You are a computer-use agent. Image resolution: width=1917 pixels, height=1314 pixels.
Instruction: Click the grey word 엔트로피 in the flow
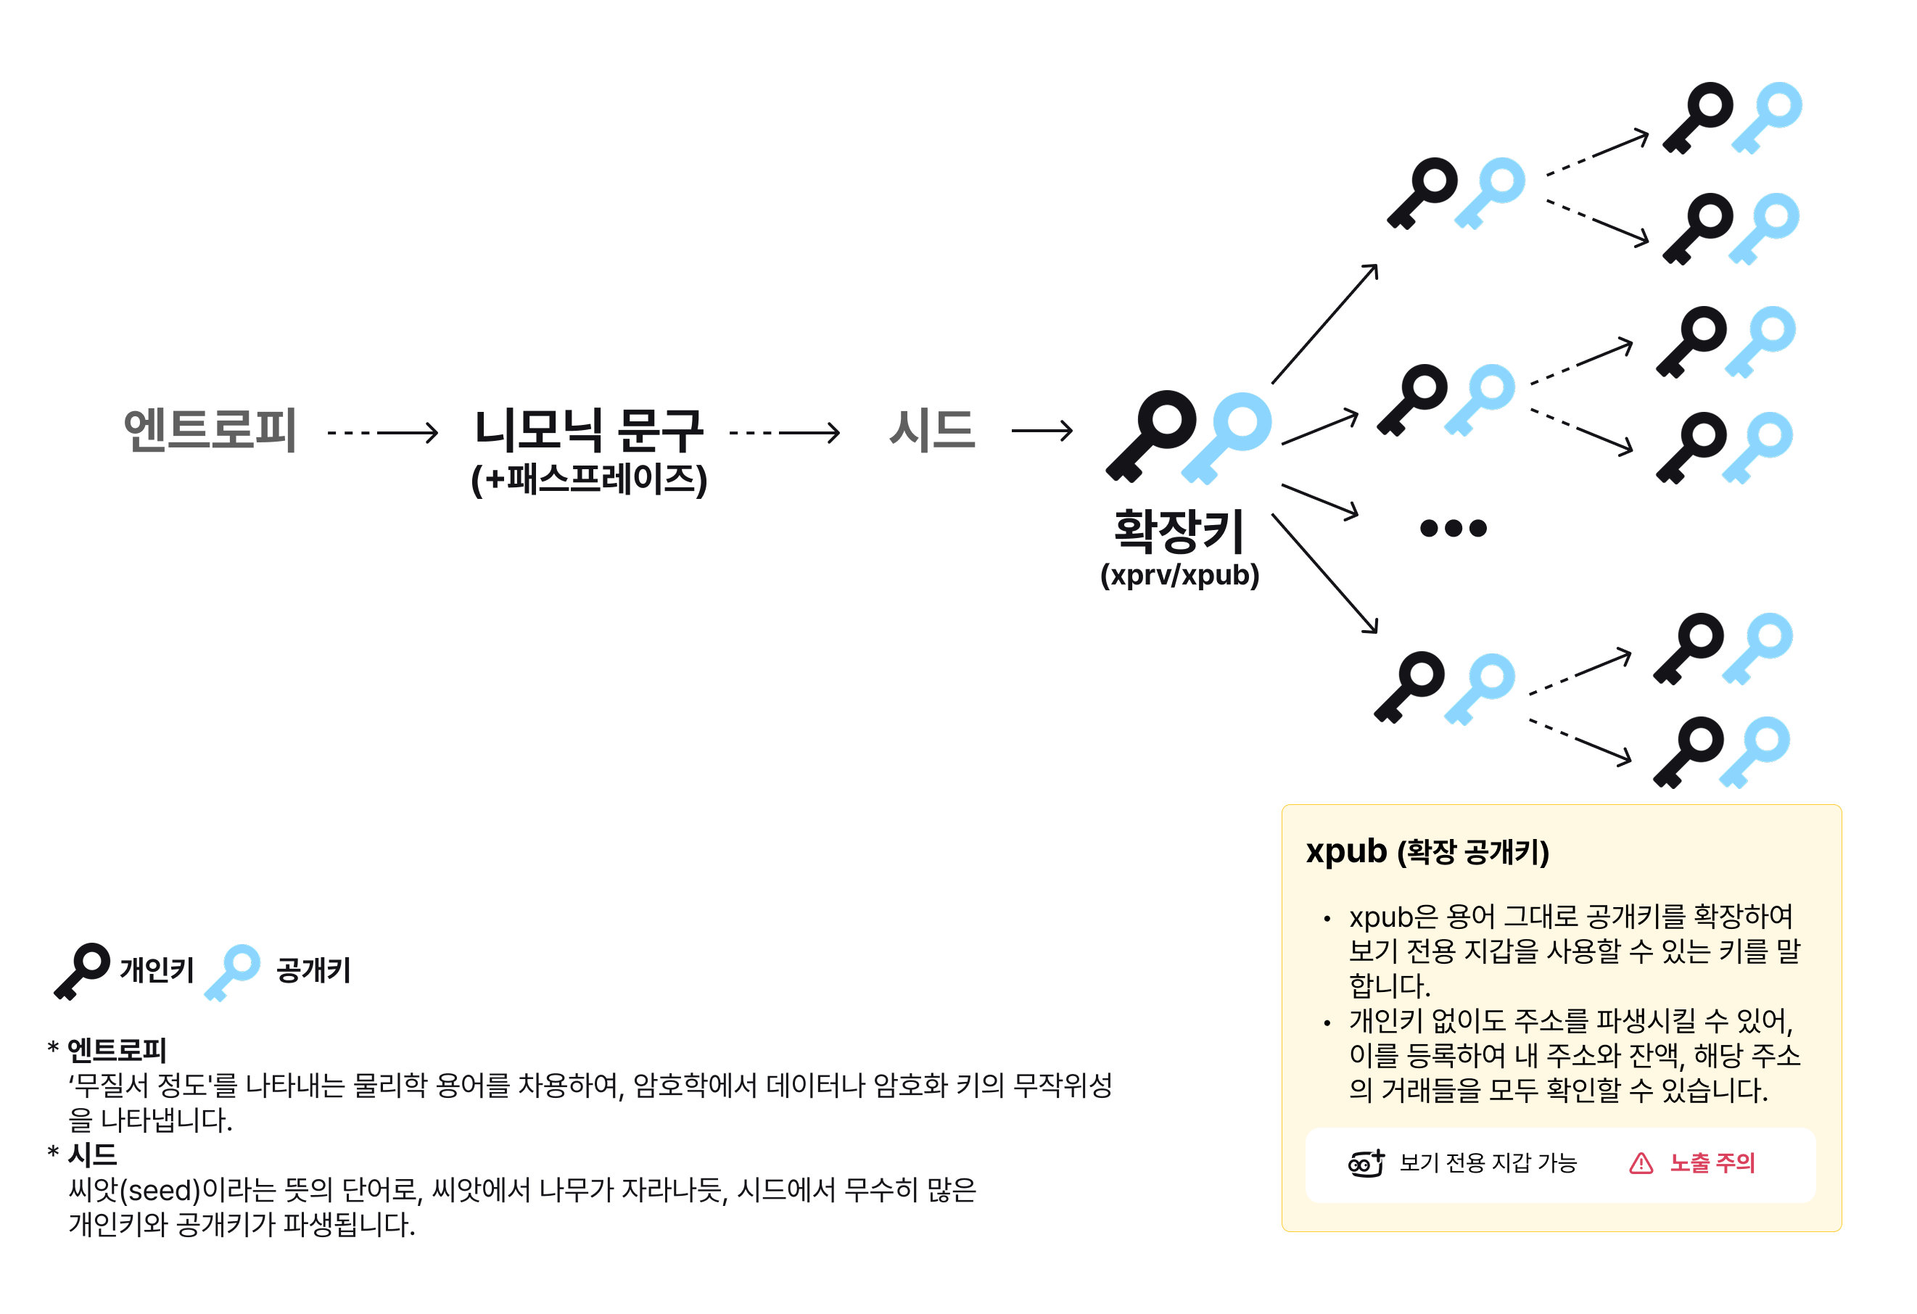(x=210, y=430)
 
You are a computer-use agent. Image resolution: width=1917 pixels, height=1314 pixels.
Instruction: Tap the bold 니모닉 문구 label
(x=588, y=430)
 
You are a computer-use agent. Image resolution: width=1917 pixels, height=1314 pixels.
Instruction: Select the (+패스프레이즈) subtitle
(x=588, y=479)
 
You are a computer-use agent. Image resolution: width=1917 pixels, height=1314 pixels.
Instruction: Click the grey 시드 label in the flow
(x=932, y=430)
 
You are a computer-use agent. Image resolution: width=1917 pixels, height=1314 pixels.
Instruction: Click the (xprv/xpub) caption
(x=1179, y=575)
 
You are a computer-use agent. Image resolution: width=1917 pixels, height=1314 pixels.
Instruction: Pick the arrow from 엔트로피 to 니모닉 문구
(x=383, y=432)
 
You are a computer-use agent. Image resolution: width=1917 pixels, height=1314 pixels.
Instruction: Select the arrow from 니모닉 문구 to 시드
(x=785, y=432)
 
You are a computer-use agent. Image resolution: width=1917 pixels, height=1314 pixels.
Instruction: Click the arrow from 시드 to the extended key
(x=1042, y=431)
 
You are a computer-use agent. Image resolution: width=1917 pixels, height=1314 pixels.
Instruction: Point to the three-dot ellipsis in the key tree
(x=1454, y=528)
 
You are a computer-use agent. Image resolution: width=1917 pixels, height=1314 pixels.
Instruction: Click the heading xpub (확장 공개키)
(x=1427, y=852)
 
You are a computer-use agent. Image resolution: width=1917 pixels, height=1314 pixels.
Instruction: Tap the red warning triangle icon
(x=1641, y=1163)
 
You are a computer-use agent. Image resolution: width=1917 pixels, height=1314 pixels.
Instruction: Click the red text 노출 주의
(x=1712, y=1163)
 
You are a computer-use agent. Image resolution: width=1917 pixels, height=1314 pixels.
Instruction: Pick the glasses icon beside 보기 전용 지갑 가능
(x=1366, y=1163)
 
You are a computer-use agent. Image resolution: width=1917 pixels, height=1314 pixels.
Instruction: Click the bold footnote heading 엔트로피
(x=116, y=1050)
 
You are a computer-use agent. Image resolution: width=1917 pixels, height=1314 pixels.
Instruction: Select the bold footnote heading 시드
(x=92, y=1154)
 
